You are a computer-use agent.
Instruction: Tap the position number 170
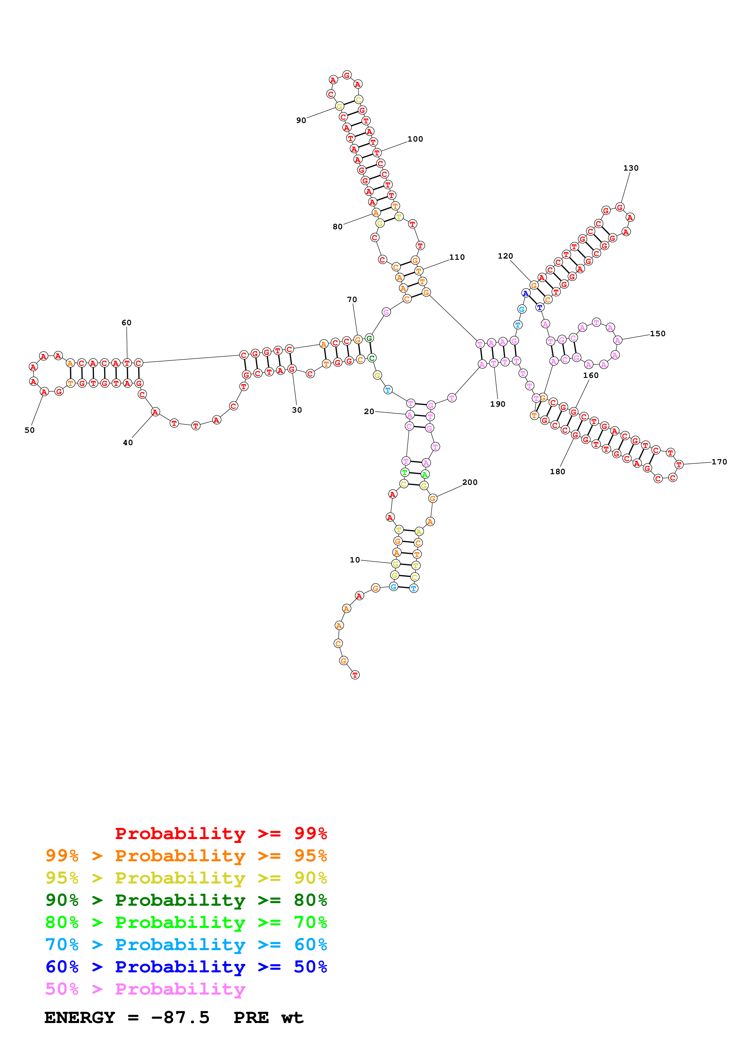click(719, 461)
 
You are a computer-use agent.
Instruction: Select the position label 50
click(29, 430)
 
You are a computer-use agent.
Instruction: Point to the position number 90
click(301, 120)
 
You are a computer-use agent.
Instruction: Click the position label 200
click(470, 482)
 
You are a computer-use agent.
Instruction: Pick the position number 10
click(355, 560)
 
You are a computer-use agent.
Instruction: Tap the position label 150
click(658, 333)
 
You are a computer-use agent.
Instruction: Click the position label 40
click(128, 442)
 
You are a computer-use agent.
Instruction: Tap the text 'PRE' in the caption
click(251, 1018)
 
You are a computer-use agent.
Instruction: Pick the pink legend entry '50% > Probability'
click(145, 989)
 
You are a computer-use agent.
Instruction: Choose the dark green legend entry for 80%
click(186, 900)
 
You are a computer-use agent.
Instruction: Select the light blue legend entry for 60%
click(186, 945)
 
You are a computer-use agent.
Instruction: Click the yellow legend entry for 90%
click(186, 878)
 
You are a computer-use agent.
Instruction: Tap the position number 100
click(415, 139)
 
